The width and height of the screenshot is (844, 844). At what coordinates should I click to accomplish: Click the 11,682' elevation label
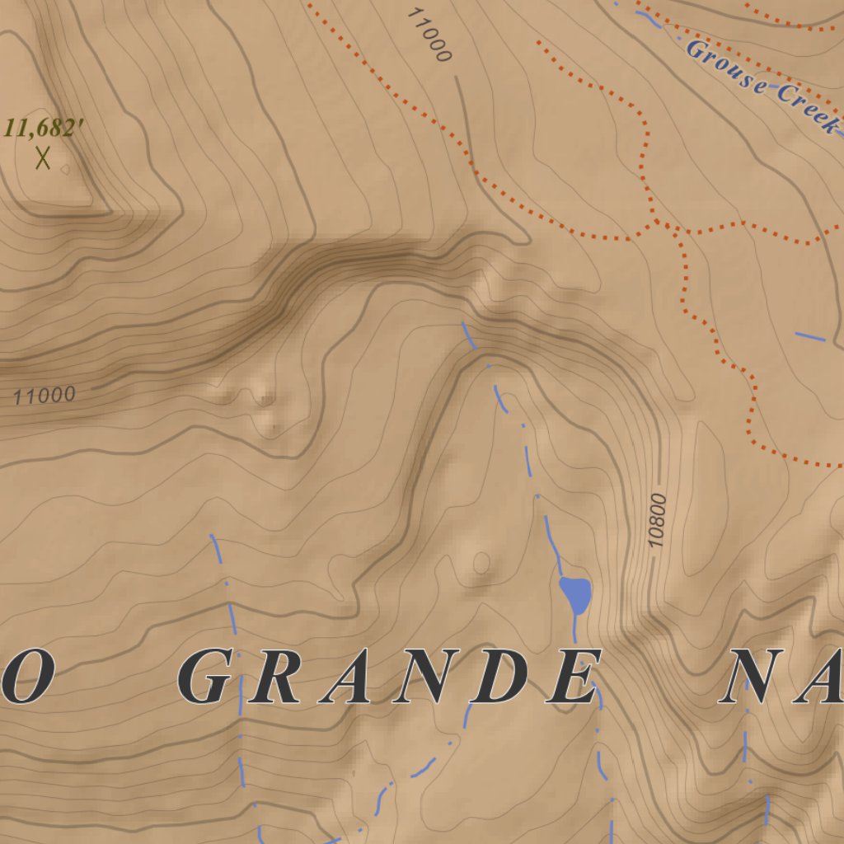coord(45,129)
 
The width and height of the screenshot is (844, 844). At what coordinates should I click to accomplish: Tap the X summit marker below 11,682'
coord(43,157)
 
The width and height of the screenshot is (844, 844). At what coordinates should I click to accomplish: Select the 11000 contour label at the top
coord(429,35)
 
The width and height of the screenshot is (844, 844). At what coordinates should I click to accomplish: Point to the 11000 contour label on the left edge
coord(44,396)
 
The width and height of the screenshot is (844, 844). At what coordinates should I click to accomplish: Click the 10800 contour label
coord(657,520)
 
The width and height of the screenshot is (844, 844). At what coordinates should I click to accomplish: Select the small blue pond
coord(575,593)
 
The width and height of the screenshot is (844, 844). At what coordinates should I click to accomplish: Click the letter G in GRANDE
coord(204,678)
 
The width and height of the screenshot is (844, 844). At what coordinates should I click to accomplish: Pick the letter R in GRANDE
coord(277,678)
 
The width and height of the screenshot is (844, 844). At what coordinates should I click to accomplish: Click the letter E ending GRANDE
coord(572,678)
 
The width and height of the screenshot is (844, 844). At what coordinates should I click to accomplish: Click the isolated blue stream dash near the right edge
coord(810,336)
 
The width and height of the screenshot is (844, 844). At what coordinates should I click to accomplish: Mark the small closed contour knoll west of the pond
coord(481,564)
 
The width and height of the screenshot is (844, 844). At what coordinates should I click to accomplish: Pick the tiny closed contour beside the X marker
coord(65,170)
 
